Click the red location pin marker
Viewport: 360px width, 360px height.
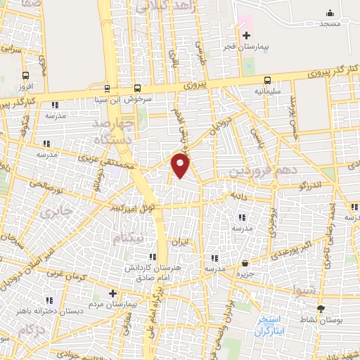[181, 165]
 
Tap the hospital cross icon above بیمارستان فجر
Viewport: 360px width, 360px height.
[246, 36]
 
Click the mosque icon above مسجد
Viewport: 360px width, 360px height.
[330, 13]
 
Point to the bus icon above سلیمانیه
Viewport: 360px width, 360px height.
[267, 80]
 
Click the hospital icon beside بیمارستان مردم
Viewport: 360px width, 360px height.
[112, 294]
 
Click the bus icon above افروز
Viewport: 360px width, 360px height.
[26, 76]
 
